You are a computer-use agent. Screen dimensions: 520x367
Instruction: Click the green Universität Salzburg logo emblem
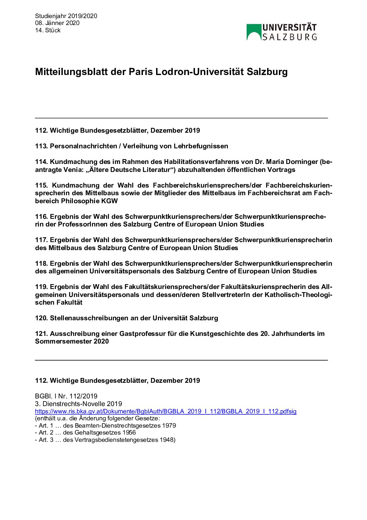254,32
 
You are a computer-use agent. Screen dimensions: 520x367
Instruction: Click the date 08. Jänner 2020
57,23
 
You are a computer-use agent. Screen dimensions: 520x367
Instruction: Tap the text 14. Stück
48,30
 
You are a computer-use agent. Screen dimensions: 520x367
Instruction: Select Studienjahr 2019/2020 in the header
66,16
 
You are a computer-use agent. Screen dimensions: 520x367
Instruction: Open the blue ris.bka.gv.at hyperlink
165,411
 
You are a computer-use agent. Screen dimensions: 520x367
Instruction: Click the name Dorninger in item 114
301,162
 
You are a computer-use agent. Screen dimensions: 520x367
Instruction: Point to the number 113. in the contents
41,146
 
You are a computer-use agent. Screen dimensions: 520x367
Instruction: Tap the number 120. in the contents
41,318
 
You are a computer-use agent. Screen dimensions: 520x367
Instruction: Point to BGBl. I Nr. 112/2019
66,396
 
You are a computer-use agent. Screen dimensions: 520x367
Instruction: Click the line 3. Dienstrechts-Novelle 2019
78,404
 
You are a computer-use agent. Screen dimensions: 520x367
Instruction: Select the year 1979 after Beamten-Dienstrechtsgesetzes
169,426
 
